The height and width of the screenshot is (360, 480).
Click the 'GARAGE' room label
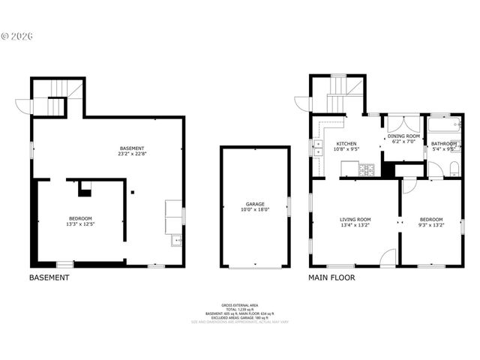tap(255, 203)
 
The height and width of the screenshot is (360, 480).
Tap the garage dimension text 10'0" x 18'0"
tap(255, 210)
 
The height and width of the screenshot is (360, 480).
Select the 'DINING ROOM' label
tap(403, 136)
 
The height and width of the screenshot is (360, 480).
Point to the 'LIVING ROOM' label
tap(355, 220)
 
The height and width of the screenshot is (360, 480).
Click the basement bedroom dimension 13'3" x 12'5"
tap(80, 224)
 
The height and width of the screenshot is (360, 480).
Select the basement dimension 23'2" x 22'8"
tap(131, 154)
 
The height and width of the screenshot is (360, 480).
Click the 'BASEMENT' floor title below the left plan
tap(49, 277)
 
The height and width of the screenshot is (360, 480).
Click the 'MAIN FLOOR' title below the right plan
tap(331, 277)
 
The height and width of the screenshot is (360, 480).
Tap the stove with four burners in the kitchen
tap(368, 170)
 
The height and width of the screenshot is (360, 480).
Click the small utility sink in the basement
tap(175, 241)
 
